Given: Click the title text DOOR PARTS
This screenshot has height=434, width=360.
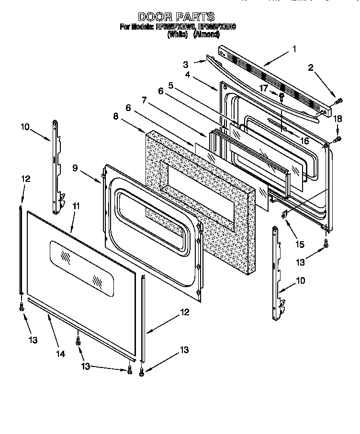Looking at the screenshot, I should pos(176,17).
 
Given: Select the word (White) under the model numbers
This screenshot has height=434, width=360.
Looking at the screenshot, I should pos(177,34).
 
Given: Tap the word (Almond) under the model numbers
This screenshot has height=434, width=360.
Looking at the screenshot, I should pos(206,34).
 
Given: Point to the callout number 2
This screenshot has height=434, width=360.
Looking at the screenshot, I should pos(310,68).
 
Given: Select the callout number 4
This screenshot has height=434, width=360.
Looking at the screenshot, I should pos(188,75).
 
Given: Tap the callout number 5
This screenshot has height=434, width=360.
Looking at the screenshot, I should pos(170,87).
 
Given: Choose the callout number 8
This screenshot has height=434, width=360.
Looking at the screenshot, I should pos(115,115).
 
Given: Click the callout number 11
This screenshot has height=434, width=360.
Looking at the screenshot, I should pos(75,206).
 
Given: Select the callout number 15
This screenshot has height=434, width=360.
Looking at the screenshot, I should pos(300,244).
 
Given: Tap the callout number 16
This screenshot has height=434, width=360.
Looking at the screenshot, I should pos(304,140).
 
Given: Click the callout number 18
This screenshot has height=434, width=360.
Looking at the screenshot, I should pos(337,118).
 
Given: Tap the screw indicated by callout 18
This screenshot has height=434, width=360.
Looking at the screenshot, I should pos(338,139).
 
